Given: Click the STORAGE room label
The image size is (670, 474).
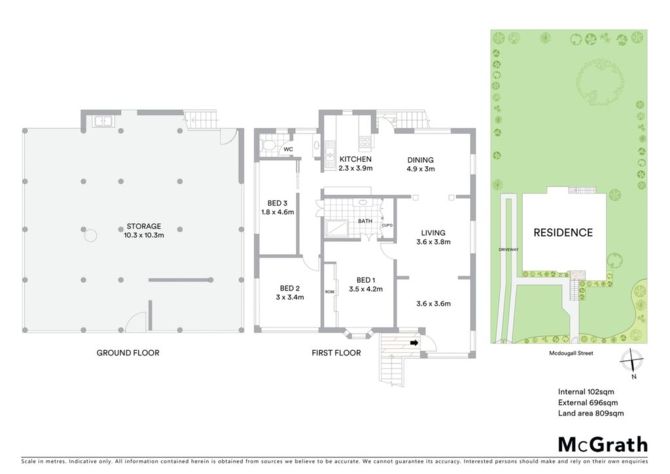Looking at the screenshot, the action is (x=143, y=226).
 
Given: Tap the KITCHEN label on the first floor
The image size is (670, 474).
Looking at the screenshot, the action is (x=355, y=159).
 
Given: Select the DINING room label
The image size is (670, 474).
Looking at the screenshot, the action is (x=421, y=160).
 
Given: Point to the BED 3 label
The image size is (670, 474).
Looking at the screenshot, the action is (x=277, y=203).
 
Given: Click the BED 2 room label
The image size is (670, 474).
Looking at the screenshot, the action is (x=290, y=288).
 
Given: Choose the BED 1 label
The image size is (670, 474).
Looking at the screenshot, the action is (x=366, y=280).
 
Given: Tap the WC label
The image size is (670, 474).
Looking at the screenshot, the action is (x=289, y=149).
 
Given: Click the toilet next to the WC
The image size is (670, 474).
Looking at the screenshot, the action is (x=269, y=145).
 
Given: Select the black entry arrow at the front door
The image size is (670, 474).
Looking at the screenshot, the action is (x=414, y=343).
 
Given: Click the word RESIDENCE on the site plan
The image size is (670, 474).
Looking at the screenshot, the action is (x=563, y=232).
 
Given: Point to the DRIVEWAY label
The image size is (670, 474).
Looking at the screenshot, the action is (x=508, y=249).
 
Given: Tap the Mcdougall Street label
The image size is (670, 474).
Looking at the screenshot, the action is (x=571, y=353).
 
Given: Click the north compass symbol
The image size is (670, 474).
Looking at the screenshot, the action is (x=631, y=360).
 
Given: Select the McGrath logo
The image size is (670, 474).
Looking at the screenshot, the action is (x=603, y=445).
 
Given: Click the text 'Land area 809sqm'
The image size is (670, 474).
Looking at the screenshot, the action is (x=591, y=413).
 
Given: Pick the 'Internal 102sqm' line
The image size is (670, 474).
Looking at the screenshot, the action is (x=586, y=392).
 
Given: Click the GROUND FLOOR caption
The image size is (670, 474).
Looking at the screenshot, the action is (x=128, y=353).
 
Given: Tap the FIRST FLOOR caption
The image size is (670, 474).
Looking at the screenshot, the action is (x=336, y=353).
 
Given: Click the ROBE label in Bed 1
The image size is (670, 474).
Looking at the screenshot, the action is (x=330, y=291).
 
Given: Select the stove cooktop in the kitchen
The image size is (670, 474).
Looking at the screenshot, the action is (x=364, y=142).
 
